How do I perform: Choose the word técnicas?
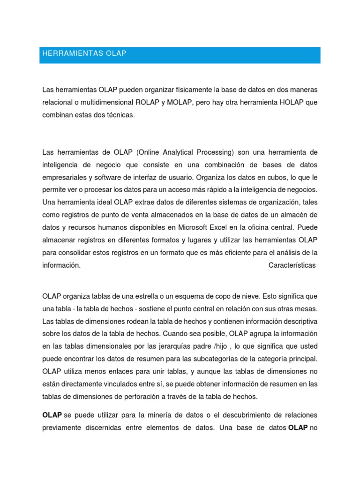pyautogui.click(x=121, y=115)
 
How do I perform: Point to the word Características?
pyautogui.click(x=292, y=265)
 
